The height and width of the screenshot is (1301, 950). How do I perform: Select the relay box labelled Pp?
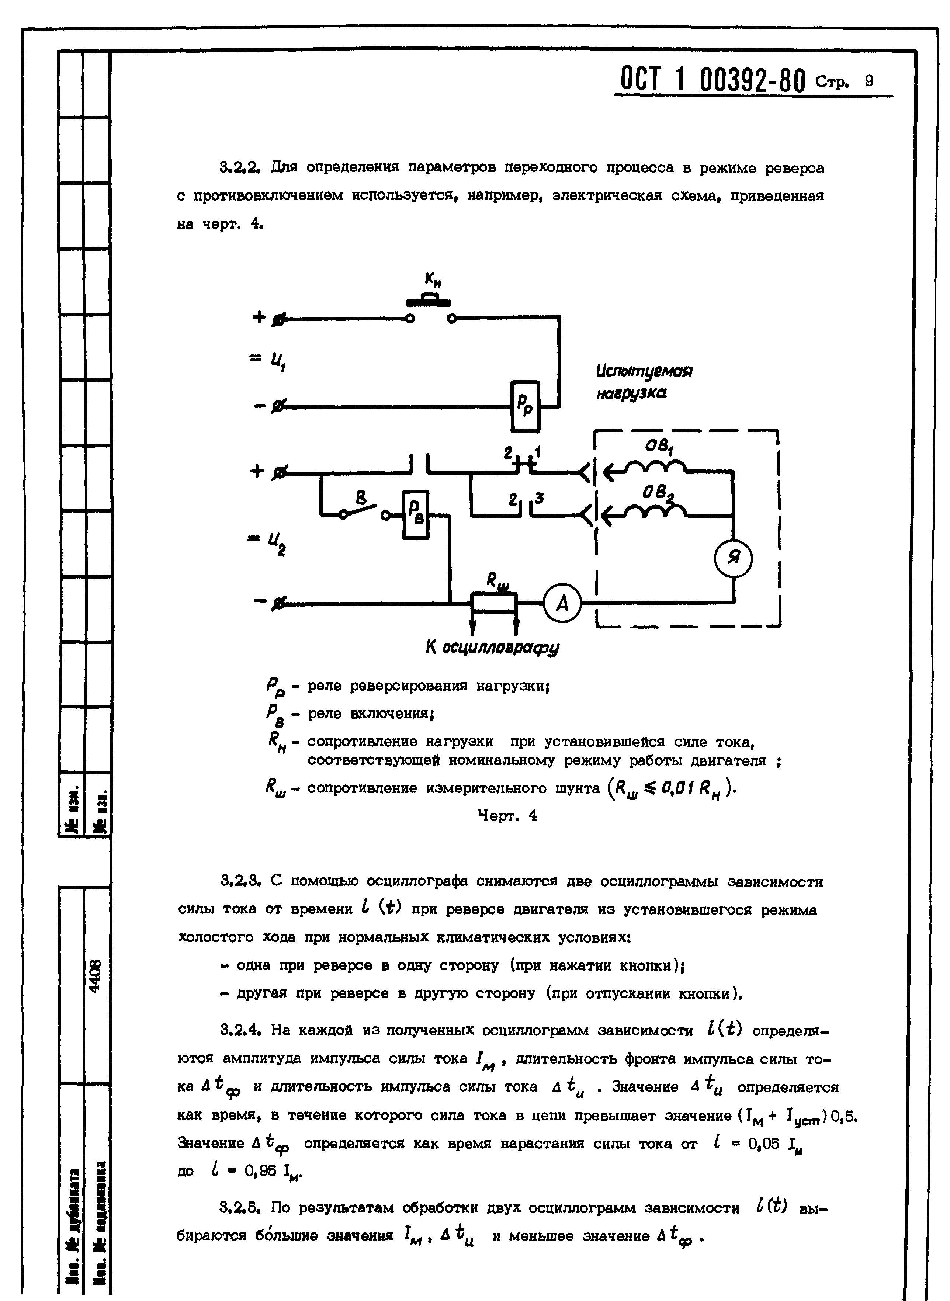click(526, 406)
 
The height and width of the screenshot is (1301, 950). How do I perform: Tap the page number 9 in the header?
click(868, 81)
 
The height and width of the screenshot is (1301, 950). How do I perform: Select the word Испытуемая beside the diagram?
click(644, 371)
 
